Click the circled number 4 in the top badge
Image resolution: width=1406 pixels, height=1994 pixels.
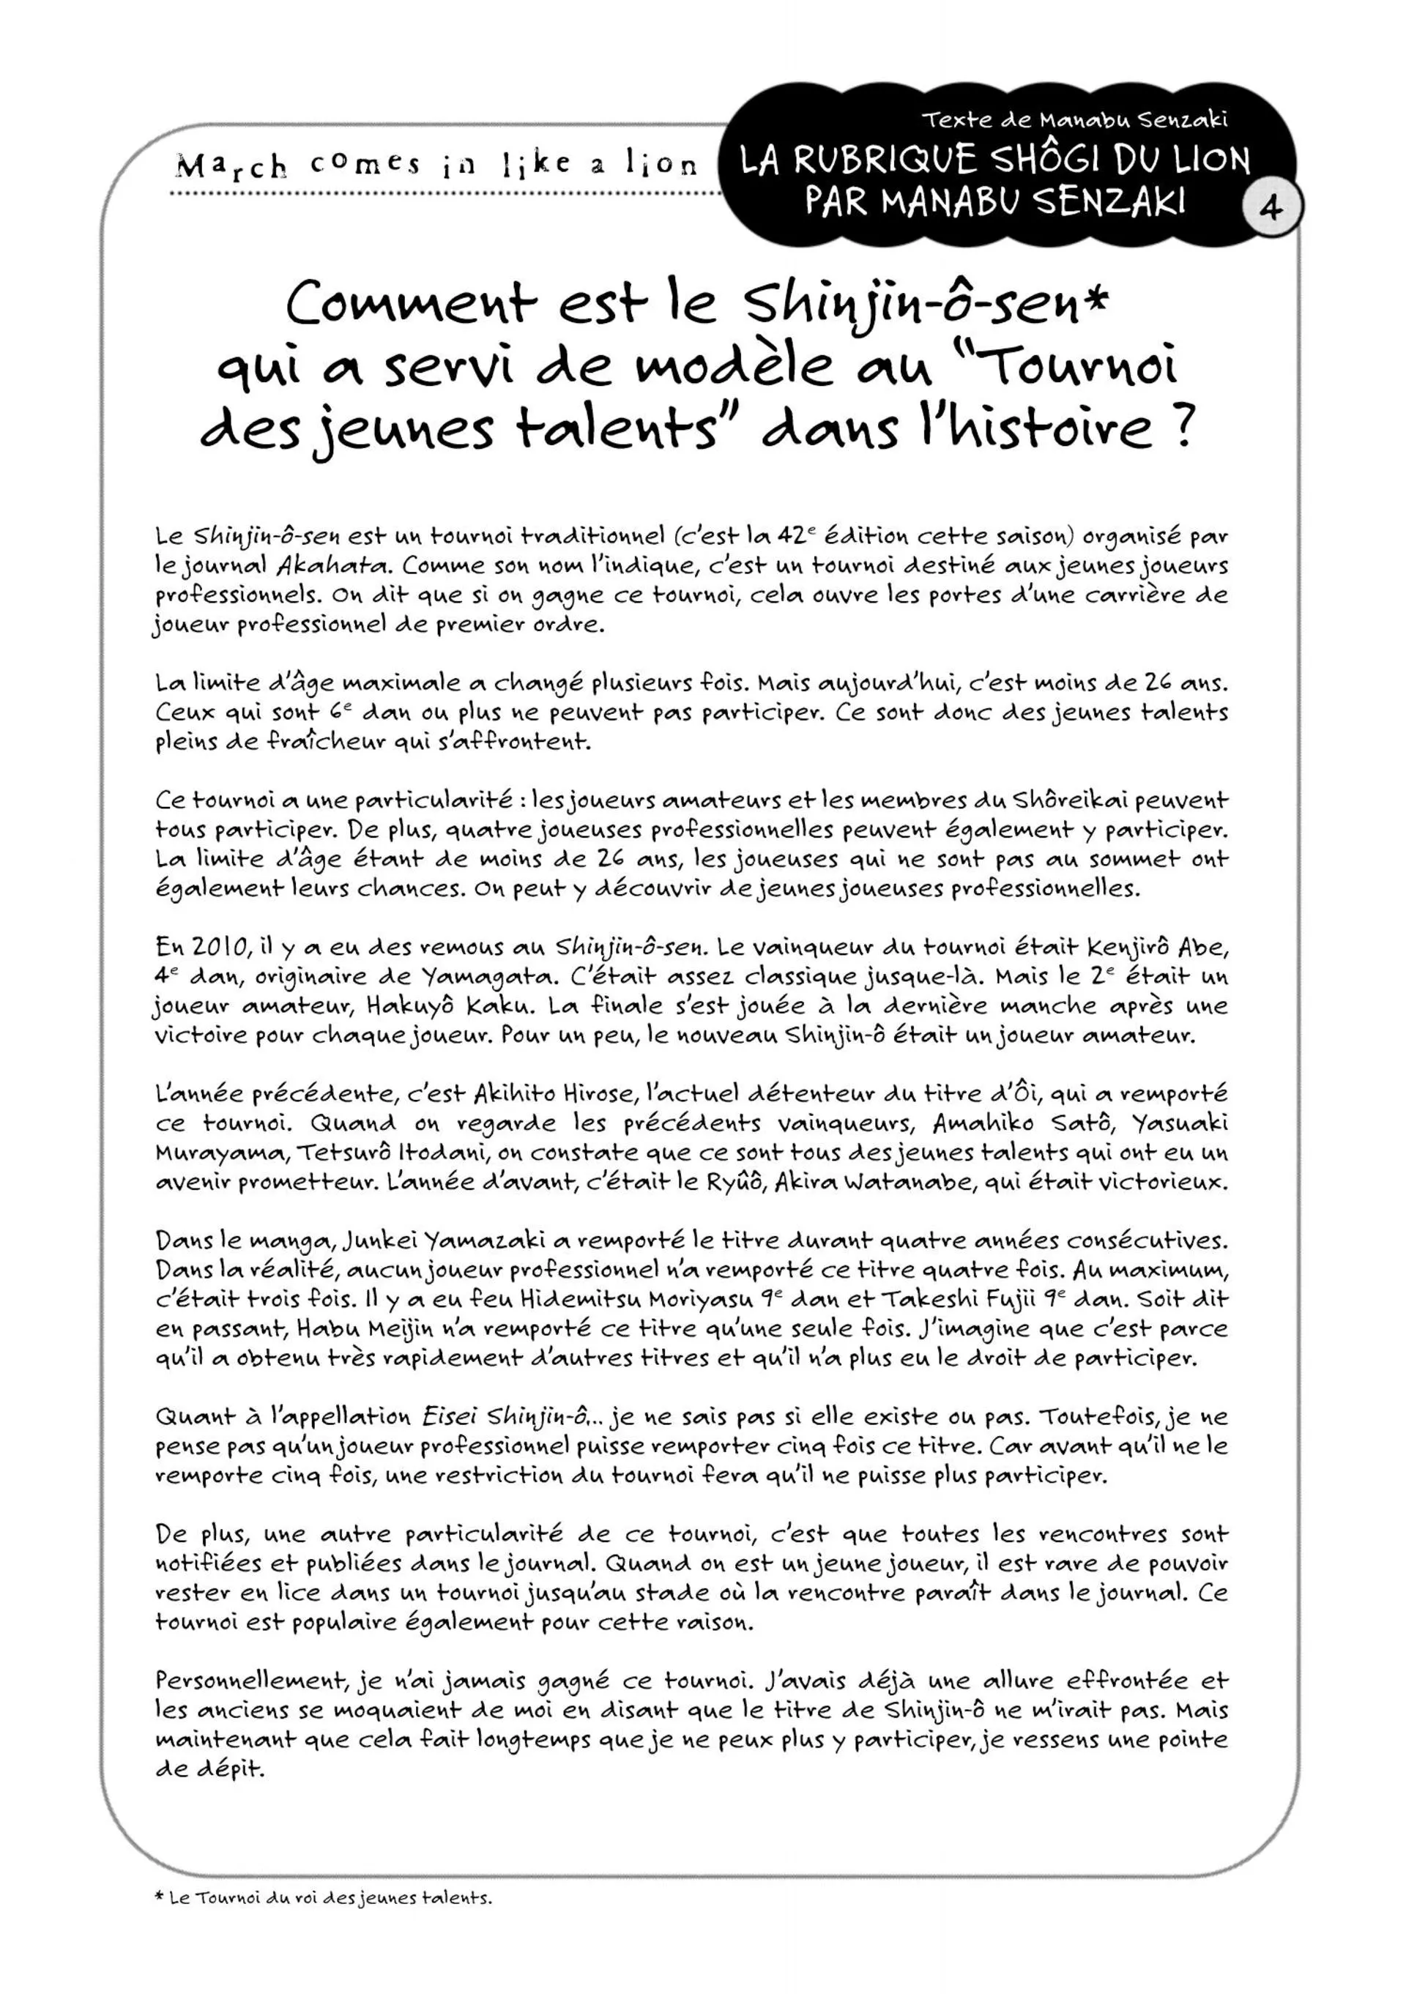[1271, 209]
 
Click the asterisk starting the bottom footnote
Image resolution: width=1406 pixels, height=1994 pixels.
[159, 1897]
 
